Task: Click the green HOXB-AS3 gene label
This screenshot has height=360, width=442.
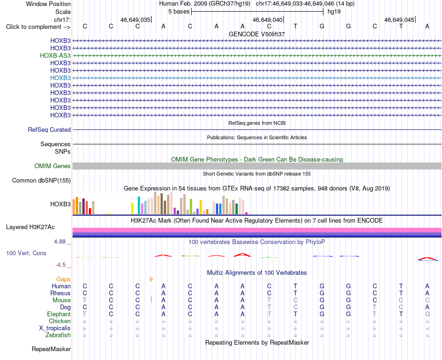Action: (x=55, y=55)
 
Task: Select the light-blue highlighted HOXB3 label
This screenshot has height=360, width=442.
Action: (x=60, y=78)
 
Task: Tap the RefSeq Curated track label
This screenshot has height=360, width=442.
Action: (x=49, y=130)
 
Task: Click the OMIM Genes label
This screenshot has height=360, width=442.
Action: (x=53, y=166)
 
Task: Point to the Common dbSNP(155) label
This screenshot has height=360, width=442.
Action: (x=41, y=181)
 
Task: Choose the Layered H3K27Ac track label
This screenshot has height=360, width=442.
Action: (x=30, y=227)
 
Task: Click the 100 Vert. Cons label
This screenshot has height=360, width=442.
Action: (x=26, y=253)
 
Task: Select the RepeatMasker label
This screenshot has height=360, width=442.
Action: (x=51, y=349)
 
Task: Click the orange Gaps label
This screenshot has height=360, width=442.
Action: (x=63, y=279)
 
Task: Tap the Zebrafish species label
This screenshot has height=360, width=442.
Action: (x=58, y=335)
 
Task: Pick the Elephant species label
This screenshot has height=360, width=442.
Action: (x=59, y=314)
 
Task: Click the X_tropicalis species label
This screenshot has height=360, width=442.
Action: (x=55, y=328)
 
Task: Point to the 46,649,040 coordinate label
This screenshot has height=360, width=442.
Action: (x=267, y=20)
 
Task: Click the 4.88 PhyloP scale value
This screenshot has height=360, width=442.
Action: (x=60, y=242)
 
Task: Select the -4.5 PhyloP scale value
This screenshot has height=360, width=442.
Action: (x=60, y=265)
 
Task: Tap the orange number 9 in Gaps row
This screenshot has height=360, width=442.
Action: (x=151, y=279)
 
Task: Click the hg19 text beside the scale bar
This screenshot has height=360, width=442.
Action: (x=334, y=12)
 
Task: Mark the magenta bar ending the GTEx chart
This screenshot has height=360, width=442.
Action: (x=247, y=213)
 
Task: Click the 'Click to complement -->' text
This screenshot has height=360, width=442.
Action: (x=38, y=27)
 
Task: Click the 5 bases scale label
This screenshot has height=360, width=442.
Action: (x=179, y=12)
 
